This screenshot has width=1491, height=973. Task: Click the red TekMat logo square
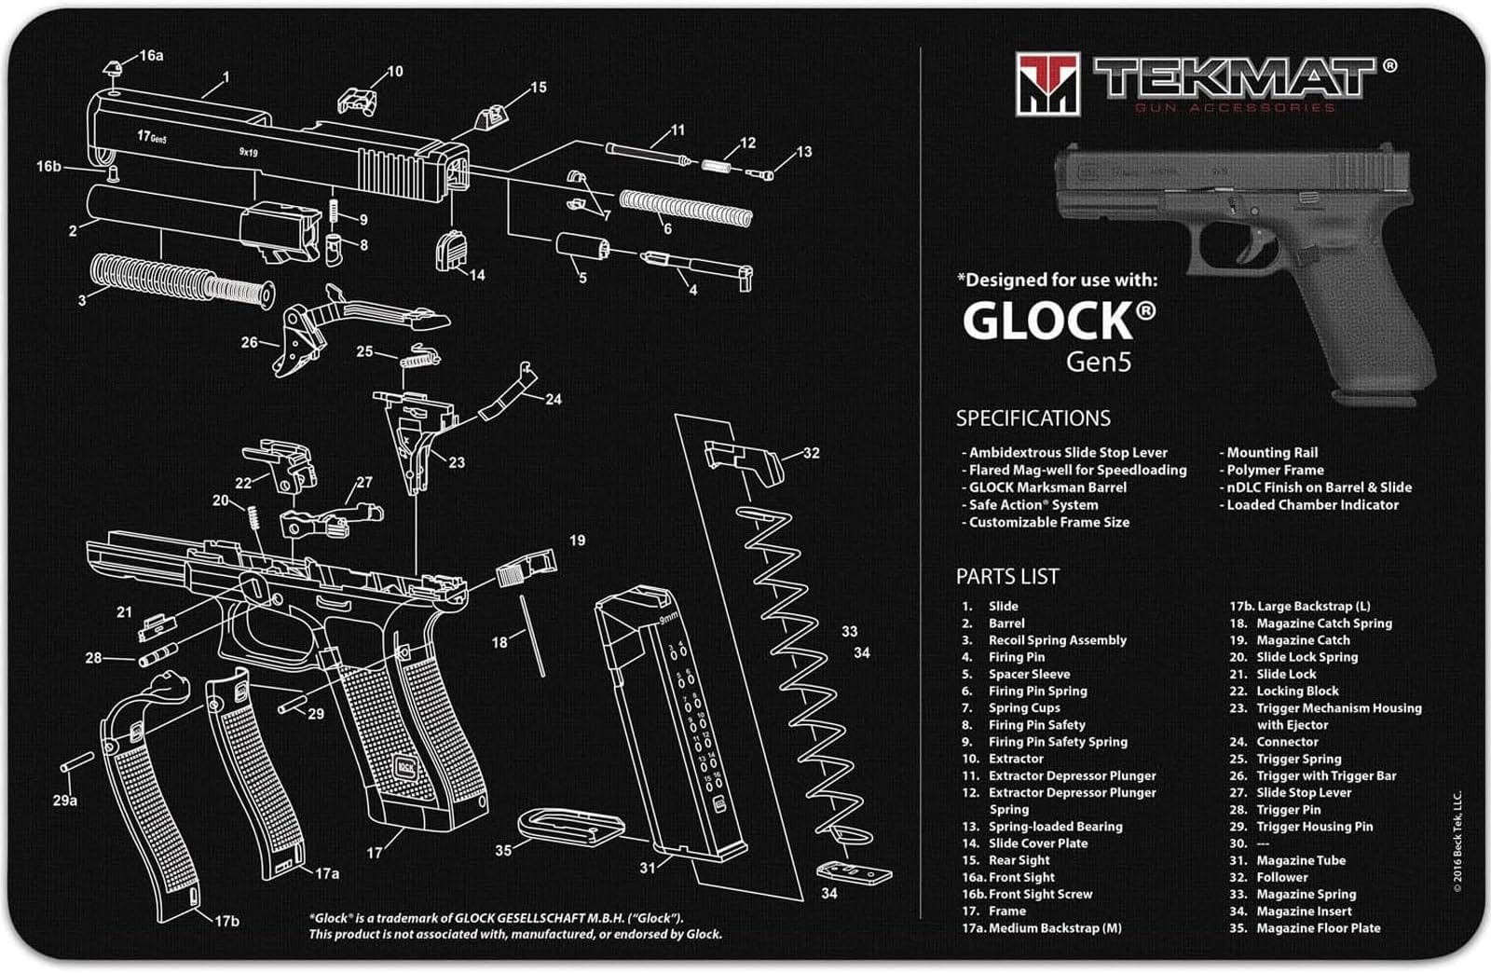pos(1047,84)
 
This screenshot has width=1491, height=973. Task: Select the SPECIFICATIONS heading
pos(1033,418)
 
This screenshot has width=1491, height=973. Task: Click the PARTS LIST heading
pos(1006,577)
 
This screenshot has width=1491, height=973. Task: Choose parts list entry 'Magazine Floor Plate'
pos(1318,928)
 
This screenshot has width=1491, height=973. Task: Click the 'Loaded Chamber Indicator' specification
pos(1311,505)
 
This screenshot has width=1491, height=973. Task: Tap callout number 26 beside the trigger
pos(249,343)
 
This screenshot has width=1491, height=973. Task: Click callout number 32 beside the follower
pos(811,453)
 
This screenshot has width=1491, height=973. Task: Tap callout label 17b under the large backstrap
pos(226,921)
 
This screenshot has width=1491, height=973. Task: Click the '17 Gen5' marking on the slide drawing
pos(152,137)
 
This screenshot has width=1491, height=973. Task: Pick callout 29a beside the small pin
pos(64,800)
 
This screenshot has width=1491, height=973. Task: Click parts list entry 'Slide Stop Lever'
pos(1303,792)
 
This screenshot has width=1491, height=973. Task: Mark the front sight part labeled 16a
pos(110,67)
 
